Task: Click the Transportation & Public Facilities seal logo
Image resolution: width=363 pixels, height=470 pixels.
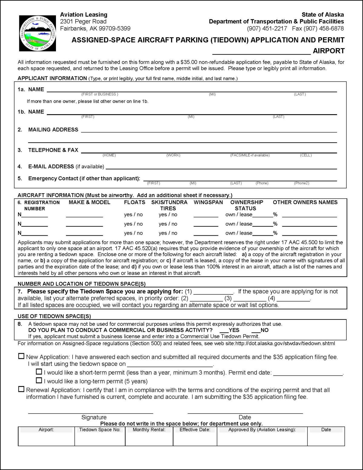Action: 38,33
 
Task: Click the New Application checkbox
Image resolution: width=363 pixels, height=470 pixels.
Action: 21,356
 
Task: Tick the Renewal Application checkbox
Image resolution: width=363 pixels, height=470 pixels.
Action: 21,389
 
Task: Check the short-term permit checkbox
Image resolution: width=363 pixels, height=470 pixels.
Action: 39,372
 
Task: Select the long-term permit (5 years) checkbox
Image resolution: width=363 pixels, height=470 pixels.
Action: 39,380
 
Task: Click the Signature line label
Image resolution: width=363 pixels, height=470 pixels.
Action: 94,417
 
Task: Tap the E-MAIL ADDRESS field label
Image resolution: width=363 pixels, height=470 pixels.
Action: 51,167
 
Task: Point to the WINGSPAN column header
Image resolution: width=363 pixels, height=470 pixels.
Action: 208,202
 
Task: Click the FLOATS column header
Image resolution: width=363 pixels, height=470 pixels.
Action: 135,202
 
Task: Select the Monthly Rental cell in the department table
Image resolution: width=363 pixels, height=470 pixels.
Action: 149,430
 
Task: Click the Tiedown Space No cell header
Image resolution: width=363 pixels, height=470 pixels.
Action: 100,430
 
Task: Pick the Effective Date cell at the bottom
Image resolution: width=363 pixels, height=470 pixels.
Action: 195,430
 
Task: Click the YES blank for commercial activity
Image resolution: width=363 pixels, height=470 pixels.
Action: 224,330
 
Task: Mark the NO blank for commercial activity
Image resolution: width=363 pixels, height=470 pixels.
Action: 256,330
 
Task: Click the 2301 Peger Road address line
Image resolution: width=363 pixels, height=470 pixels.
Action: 83,22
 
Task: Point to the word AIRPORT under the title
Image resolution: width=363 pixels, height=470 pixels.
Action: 329,51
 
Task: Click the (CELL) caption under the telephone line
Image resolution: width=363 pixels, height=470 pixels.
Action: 306,155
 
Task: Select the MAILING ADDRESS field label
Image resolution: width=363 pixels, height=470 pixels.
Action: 53,130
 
